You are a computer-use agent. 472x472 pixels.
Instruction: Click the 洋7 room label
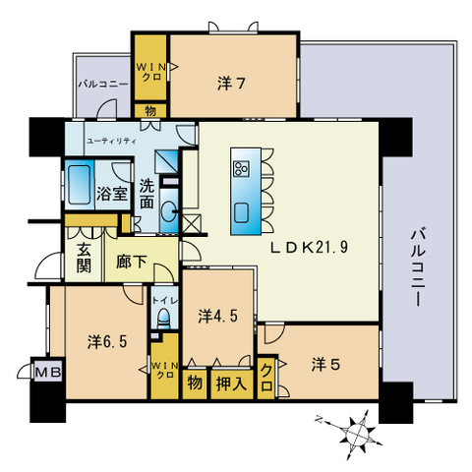tap(231, 84)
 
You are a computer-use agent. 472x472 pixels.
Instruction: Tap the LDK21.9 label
tap(309, 248)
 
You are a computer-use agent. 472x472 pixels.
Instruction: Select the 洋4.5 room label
tap(218, 317)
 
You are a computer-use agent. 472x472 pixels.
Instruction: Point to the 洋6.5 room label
tap(107, 342)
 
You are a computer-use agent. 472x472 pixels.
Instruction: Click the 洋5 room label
tap(325, 365)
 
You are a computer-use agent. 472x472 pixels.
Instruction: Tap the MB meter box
tap(48, 373)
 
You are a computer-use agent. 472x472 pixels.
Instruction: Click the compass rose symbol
tap(358, 433)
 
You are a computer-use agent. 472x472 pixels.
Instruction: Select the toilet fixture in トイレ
tap(163, 318)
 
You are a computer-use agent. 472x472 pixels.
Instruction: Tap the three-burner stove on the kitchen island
tap(241, 169)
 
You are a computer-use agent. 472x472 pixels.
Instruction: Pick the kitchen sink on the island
tap(241, 213)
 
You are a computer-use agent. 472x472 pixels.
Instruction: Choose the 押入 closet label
tap(231, 383)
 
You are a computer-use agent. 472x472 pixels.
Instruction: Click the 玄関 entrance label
tap(84, 259)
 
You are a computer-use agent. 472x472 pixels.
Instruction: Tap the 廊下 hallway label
tap(131, 262)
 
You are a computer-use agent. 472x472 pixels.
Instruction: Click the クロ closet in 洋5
tap(266, 378)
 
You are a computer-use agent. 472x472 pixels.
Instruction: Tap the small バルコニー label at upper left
tap(102, 84)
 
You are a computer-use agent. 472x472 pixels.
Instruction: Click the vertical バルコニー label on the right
tap(418, 268)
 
